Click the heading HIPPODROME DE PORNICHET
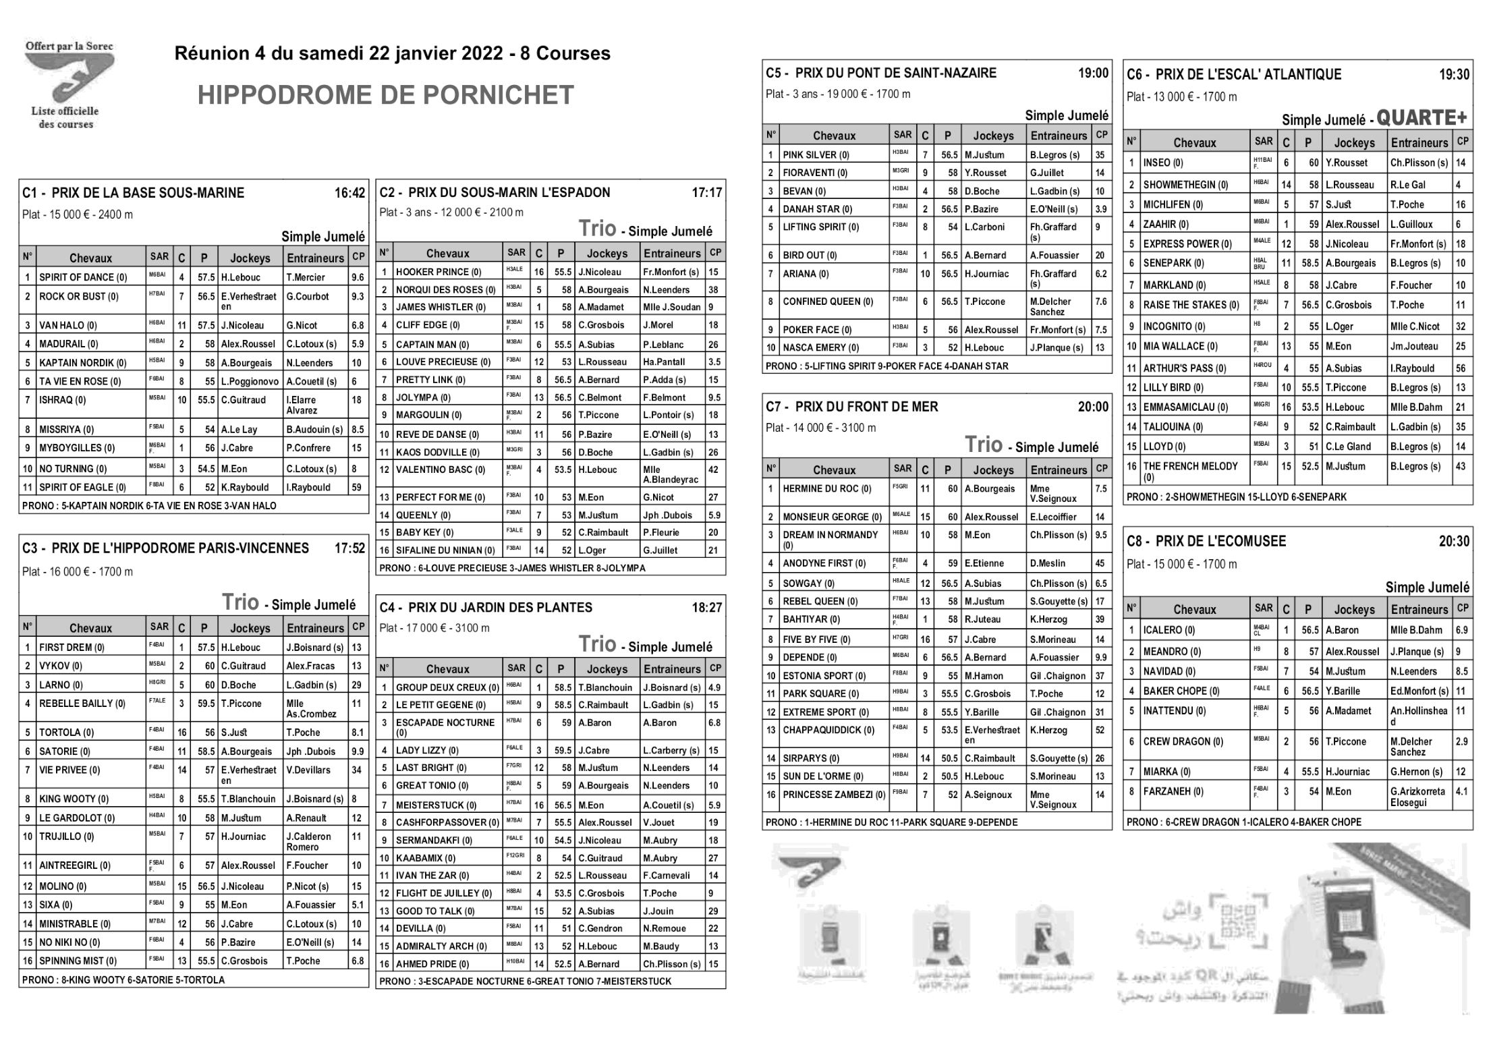coord(385,96)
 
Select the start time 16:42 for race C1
coord(349,194)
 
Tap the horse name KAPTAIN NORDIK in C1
coord(82,363)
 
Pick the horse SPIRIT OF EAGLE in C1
coord(82,487)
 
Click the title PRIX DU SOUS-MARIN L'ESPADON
coord(509,193)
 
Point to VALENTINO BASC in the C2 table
coord(440,470)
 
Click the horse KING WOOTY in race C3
coord(73,799)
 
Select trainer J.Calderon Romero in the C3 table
coord(308,841)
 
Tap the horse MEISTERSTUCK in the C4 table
coord(436,805)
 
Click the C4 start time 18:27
coord(706,608)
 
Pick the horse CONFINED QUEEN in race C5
coord(827,302)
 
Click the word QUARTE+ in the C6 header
coord(1422,119)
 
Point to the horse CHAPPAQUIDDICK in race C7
coord(828,730)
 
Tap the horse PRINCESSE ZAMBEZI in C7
coord(834,795)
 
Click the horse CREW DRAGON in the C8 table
coord(1183,741)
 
